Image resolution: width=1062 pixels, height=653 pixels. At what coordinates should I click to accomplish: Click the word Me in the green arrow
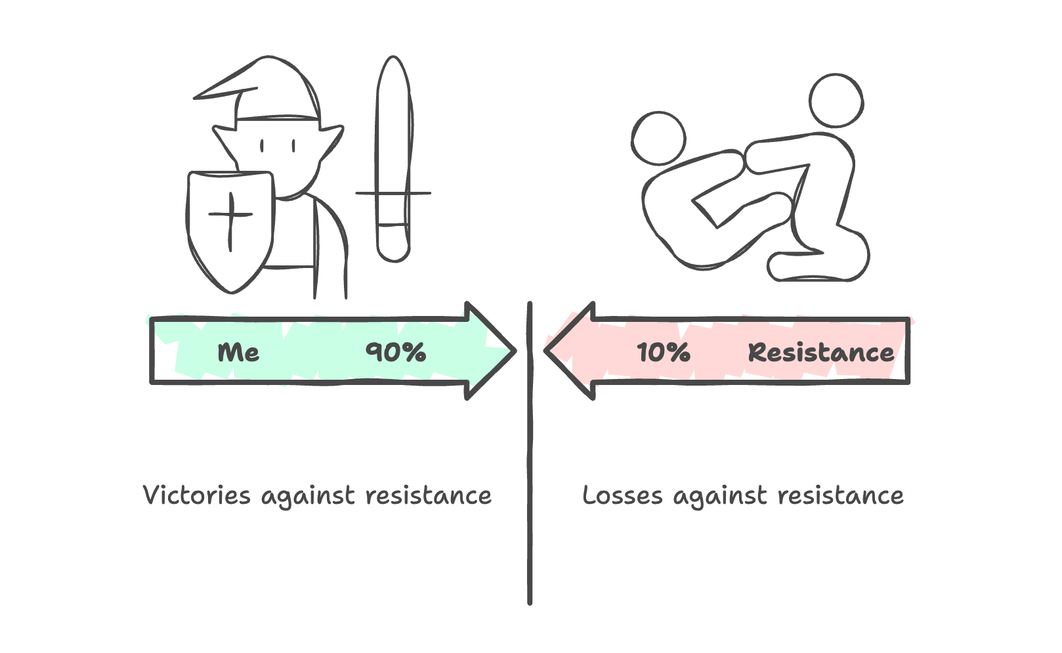pos(238,353)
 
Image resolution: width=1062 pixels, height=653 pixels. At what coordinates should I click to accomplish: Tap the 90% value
pos(396,352)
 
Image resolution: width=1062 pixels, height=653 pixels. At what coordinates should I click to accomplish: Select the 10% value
pos(663,353)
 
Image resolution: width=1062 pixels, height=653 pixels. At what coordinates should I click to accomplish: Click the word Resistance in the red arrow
pos(820,353)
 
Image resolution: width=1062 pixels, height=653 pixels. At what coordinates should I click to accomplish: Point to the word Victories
pos(196,495)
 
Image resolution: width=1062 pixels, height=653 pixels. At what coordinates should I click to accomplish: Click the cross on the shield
pos(230,215)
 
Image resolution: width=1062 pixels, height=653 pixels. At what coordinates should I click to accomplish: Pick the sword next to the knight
pos(393,158)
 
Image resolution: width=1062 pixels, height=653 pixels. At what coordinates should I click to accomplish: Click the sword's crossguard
pos(393,193)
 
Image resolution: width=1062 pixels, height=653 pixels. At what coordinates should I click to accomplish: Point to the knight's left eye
pos(262,145)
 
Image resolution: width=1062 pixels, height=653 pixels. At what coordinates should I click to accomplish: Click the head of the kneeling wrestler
pos(836,101)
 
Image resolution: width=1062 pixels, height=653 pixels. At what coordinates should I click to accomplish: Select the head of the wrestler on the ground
pos(658,139)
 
